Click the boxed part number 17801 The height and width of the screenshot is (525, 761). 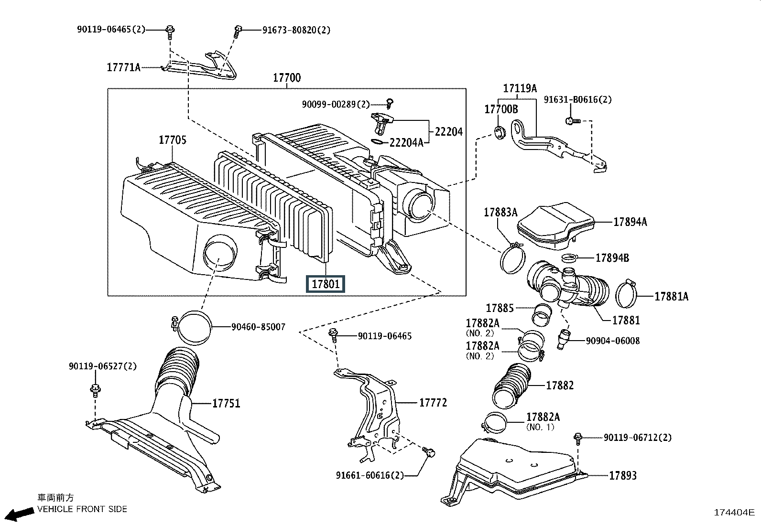(326, 284)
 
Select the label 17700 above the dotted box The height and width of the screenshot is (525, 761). (287, 78)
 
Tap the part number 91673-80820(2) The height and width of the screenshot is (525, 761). (296, 30)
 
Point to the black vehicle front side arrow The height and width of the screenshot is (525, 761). (20, 514)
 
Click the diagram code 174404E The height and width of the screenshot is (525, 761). (734, 513)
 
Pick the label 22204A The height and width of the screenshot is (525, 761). (406, 143)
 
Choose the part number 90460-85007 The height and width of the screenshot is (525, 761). (259, 327)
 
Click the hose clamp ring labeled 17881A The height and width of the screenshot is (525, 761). (626, 294)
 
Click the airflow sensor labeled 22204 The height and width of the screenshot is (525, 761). (381, 123)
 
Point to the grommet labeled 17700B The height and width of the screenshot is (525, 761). (499, 132)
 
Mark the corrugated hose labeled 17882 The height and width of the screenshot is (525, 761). (511, 386)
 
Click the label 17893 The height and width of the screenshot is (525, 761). (623, 475)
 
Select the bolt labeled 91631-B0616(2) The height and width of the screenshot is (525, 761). (572, 120)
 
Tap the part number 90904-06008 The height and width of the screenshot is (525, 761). (613, 341)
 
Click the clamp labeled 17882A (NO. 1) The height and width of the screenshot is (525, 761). (494, 423)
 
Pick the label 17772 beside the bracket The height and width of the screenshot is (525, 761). (433, 403)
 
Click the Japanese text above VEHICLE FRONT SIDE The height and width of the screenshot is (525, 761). (55, 498)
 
